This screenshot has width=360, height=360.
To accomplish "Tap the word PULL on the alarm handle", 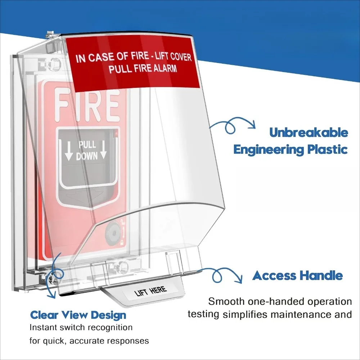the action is tap(87, 145).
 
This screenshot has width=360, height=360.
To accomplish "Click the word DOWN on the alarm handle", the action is tap(87, 156).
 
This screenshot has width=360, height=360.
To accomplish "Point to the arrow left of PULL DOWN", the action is tap(68, 150).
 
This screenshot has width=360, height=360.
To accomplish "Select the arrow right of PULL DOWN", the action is tap(103, 149).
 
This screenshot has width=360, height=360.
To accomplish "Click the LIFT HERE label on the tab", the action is tap(150, 291).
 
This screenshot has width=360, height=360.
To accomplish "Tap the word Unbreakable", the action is tap(309, 133).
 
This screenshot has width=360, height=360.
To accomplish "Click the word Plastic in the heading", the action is tap(328, 150).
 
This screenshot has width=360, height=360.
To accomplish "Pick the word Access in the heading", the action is tap(274, 276).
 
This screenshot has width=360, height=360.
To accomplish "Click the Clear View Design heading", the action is tap(78, 315).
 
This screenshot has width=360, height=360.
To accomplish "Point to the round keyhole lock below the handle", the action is tap(112, 233).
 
